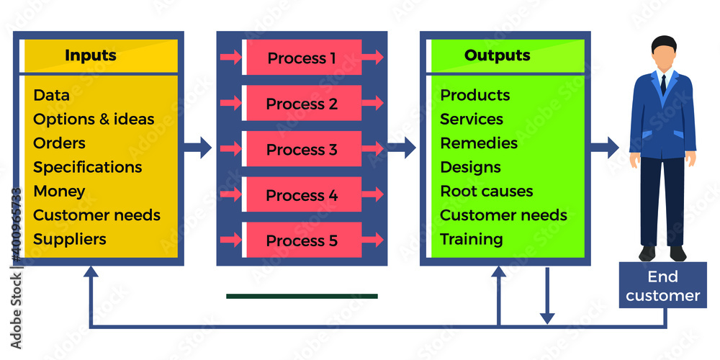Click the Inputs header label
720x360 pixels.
[91, 55]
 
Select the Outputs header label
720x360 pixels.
[497, 55]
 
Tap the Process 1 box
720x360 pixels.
[302, 58]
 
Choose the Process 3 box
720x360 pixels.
[302, 150]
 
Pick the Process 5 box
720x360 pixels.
[302, 240]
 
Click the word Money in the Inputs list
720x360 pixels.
[59, 192]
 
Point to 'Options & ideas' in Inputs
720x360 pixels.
[94, 119]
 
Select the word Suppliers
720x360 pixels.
[70, 239]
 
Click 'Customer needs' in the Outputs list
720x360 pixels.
[503, 215]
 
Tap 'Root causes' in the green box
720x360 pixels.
[487, 192]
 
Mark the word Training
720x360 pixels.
[472, 239]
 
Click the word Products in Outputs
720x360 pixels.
[475, 95]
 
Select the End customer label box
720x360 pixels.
[662, 286]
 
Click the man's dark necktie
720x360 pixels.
[663, 84]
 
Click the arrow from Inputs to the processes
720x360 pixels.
[197, 148]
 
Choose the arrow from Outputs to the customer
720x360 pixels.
[604, 148]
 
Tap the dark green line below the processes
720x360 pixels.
[302, 296]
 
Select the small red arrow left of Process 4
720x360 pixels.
[230, 194]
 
